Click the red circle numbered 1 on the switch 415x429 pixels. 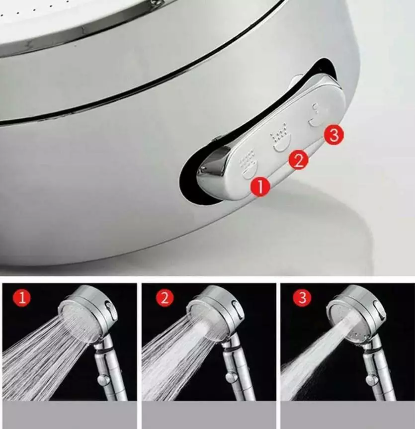pyautogui.click(x=260, y=186)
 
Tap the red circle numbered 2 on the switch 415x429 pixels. pyautogui.click(x=299, y=160)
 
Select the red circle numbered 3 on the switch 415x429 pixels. pyautogui.click(x=334, y=135)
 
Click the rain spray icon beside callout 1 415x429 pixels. pyautogui.click(x=249, y=164)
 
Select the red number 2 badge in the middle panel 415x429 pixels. pyautogui.click(x=165, y=297)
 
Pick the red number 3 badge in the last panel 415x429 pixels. pyautogui.click(x=302, y=297)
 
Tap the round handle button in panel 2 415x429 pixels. pyautogui.click(x=232, y=378)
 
